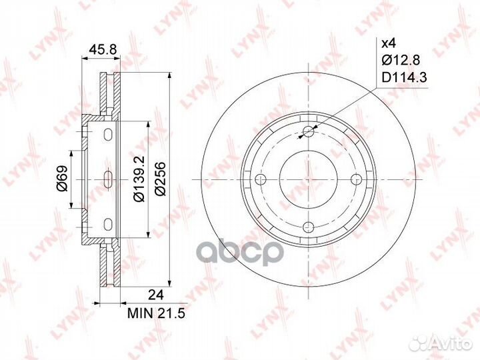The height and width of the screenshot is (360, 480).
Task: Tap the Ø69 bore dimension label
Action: click(62, 179)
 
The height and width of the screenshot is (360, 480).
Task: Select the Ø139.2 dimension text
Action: click(138, 179)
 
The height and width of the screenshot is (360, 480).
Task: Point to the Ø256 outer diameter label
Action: click(161, 179)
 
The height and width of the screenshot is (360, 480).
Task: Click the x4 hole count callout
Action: click(387, 44)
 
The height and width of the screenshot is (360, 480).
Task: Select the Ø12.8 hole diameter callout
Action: click(401, 61)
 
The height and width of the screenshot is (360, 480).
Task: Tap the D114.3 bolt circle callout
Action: click(404, 79)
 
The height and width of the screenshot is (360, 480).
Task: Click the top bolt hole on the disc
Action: click(309, 131)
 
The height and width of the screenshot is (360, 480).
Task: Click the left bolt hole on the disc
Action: click(261, 179)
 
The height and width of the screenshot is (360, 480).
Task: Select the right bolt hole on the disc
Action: click(356, 179)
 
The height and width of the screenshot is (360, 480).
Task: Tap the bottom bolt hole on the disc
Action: click(309, 226)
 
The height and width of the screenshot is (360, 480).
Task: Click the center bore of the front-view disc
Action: click(309, 179)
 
